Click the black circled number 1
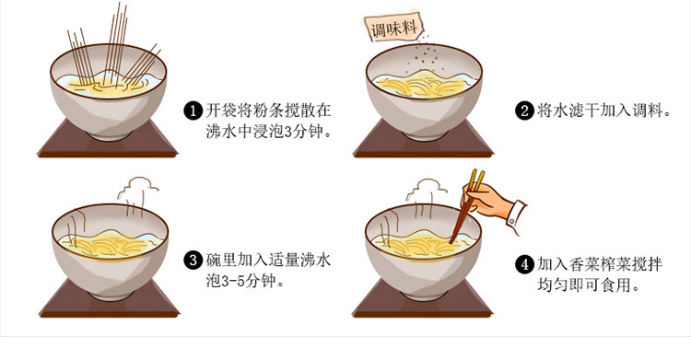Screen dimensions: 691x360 193,110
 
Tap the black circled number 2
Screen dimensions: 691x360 524,110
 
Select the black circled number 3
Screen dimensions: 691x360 193,260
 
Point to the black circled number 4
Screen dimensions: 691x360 524,264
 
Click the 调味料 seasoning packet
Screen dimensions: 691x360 393,29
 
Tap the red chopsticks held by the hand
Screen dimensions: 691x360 466,206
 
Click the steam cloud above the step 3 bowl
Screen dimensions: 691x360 138,194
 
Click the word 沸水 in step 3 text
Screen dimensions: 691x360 315,260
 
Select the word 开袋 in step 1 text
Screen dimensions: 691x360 221,110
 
